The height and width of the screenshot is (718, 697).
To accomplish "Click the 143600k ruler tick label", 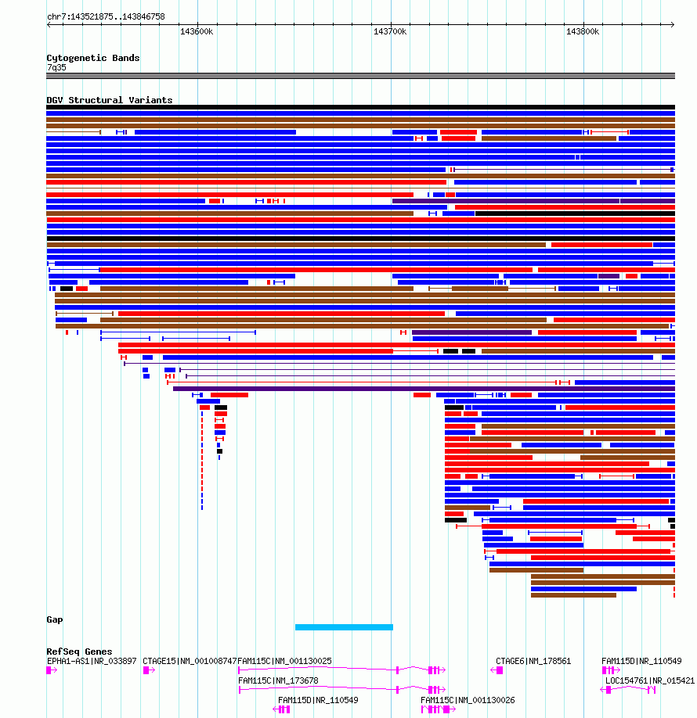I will pyautogui.click(x=197, y=31).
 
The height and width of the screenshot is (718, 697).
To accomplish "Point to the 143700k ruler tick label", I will pyautogui.click(x=390, y=31).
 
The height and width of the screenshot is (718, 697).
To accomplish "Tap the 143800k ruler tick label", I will pyautogui.click(x=583, y=31).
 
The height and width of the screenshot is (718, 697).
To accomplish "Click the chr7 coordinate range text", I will pyautogui.click(x=106, y=16).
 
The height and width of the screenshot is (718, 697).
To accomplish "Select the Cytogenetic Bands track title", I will pyautogui.click(x=93, y=58).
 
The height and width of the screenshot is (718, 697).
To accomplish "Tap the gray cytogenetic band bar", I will pyautogui.click(x=360, y=76).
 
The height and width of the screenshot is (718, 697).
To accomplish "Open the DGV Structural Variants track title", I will pyautogui.click(x=110, y=100).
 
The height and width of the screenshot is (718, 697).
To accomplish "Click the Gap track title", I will pyautogui.click(x=55, y=619).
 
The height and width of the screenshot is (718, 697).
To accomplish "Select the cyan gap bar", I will pyautogui.click(x=344, y=626).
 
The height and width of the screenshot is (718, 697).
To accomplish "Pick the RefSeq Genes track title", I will pyautogui.click(x=79, y=652).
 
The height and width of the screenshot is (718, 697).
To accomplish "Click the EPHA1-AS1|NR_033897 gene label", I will pyautogui.click(x=92, y=661).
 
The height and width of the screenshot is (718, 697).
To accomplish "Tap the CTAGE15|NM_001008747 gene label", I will pyautogui.click(x=190, y=661).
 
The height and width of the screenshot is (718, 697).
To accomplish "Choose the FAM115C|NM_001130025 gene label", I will pyautogui.click(x=284, y=661).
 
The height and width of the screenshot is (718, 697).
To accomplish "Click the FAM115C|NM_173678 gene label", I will pyautogui.click(x=278, y=680).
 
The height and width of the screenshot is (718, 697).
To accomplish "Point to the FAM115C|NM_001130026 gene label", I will pyautogui.click(x=468, y=700).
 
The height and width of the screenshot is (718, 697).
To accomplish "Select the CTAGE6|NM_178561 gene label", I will pyautogui.click(x=533, y=661).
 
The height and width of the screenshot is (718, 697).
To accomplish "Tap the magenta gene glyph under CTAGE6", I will pyautogui.click(x=497, y=670).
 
